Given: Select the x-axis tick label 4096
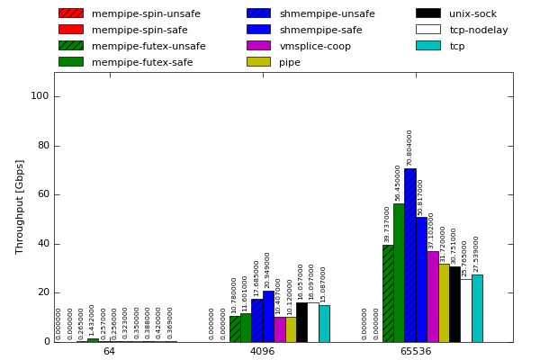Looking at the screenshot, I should click(262, 351).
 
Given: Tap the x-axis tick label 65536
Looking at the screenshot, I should click(415, 351).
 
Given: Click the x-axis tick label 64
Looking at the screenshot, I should click(109, 351).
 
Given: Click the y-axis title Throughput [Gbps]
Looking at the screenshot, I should click(20, 207).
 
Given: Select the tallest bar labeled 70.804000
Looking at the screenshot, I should click(410, 256).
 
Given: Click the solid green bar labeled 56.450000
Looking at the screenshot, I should click(399, 273).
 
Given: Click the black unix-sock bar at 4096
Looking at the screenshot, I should click(301, 322).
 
